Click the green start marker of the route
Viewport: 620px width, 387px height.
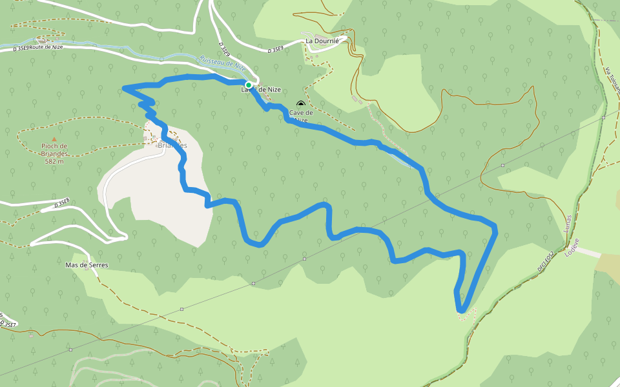248,85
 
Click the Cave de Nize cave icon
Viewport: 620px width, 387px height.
300,104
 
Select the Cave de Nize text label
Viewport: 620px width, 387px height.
301,116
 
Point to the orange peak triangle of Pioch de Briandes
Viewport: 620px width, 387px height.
54,139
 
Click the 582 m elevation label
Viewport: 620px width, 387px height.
54,161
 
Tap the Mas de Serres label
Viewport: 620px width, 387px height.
87,265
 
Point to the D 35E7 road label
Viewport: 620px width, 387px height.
8,322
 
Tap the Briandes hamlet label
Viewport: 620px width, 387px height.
172,145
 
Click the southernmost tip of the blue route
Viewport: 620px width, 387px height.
461,312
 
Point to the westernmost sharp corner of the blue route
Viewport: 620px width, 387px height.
123,88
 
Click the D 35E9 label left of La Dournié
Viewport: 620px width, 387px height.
276,49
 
